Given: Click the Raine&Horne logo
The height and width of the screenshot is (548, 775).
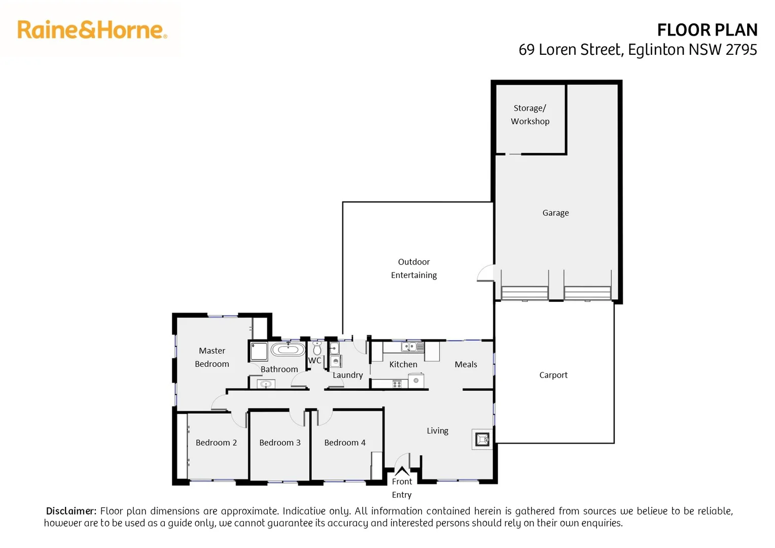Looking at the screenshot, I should (92, 30).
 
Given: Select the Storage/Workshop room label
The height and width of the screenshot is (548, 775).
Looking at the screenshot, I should (530, 115).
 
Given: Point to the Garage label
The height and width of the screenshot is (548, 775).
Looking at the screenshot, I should (555, 213).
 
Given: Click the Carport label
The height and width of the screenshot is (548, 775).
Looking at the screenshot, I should (553, 375).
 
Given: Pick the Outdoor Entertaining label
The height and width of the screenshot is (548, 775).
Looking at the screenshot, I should (413, 268).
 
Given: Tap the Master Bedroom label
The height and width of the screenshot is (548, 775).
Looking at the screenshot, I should (212, 357).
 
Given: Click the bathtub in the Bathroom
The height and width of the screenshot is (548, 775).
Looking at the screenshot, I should (288, 350).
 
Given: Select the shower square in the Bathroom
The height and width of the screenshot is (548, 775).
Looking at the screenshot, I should (259, 351).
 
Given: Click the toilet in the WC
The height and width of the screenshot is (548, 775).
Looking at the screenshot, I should (317, 349).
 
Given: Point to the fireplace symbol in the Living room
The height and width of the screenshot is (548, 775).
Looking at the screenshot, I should (482, 439).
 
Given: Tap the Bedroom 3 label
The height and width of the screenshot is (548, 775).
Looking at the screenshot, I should (279, 442).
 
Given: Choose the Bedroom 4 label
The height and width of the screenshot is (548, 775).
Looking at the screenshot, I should (344, 442).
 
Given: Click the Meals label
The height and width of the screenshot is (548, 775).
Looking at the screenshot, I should (466, 364).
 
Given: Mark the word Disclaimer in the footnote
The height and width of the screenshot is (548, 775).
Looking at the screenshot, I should (71, 511).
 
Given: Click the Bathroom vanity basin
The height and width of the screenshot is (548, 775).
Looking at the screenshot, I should (266, 384).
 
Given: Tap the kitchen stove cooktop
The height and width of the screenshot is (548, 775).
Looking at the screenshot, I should (397, 384).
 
